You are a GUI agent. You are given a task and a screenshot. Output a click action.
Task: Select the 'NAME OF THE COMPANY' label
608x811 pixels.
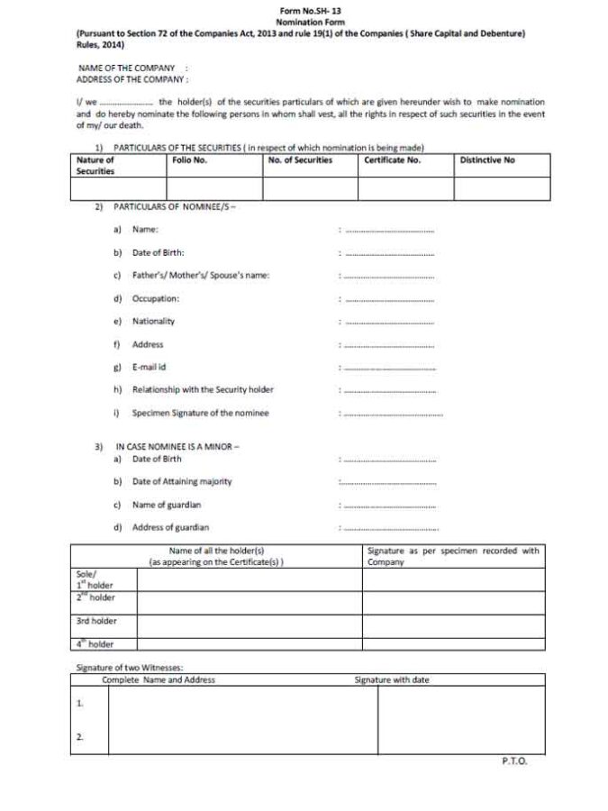(x=126, y=68)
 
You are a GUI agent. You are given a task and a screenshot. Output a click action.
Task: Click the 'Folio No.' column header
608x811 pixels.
(x=190, y=159)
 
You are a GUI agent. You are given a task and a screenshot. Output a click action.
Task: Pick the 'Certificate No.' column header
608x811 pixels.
(x=392, y=159)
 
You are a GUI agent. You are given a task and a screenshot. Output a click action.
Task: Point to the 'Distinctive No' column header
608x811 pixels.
(x=487, y=159)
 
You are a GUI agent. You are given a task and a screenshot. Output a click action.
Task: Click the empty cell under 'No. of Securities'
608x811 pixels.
(x=310, y=187)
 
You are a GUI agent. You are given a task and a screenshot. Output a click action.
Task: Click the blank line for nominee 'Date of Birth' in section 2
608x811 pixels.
(x=389, y=254)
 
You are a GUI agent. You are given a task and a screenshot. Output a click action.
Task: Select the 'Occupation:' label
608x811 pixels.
(x=156, y=298)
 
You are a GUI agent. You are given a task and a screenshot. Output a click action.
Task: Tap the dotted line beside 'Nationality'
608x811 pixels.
(x=389, y=322)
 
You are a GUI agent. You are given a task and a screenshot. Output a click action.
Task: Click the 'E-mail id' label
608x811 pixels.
(x=150, y=367)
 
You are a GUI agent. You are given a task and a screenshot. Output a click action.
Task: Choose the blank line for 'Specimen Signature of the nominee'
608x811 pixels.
(x=393, y=414)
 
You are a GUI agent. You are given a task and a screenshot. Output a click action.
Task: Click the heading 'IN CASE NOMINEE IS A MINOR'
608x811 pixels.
(x=177, y=446)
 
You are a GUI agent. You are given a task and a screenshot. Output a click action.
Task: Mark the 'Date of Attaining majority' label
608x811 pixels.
(x=182, y=481)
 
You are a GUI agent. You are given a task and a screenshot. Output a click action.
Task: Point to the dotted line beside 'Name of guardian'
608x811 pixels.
(x=389, y=506)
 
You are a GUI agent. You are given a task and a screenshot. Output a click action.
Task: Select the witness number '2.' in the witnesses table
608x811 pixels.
(x=79, y=737)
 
